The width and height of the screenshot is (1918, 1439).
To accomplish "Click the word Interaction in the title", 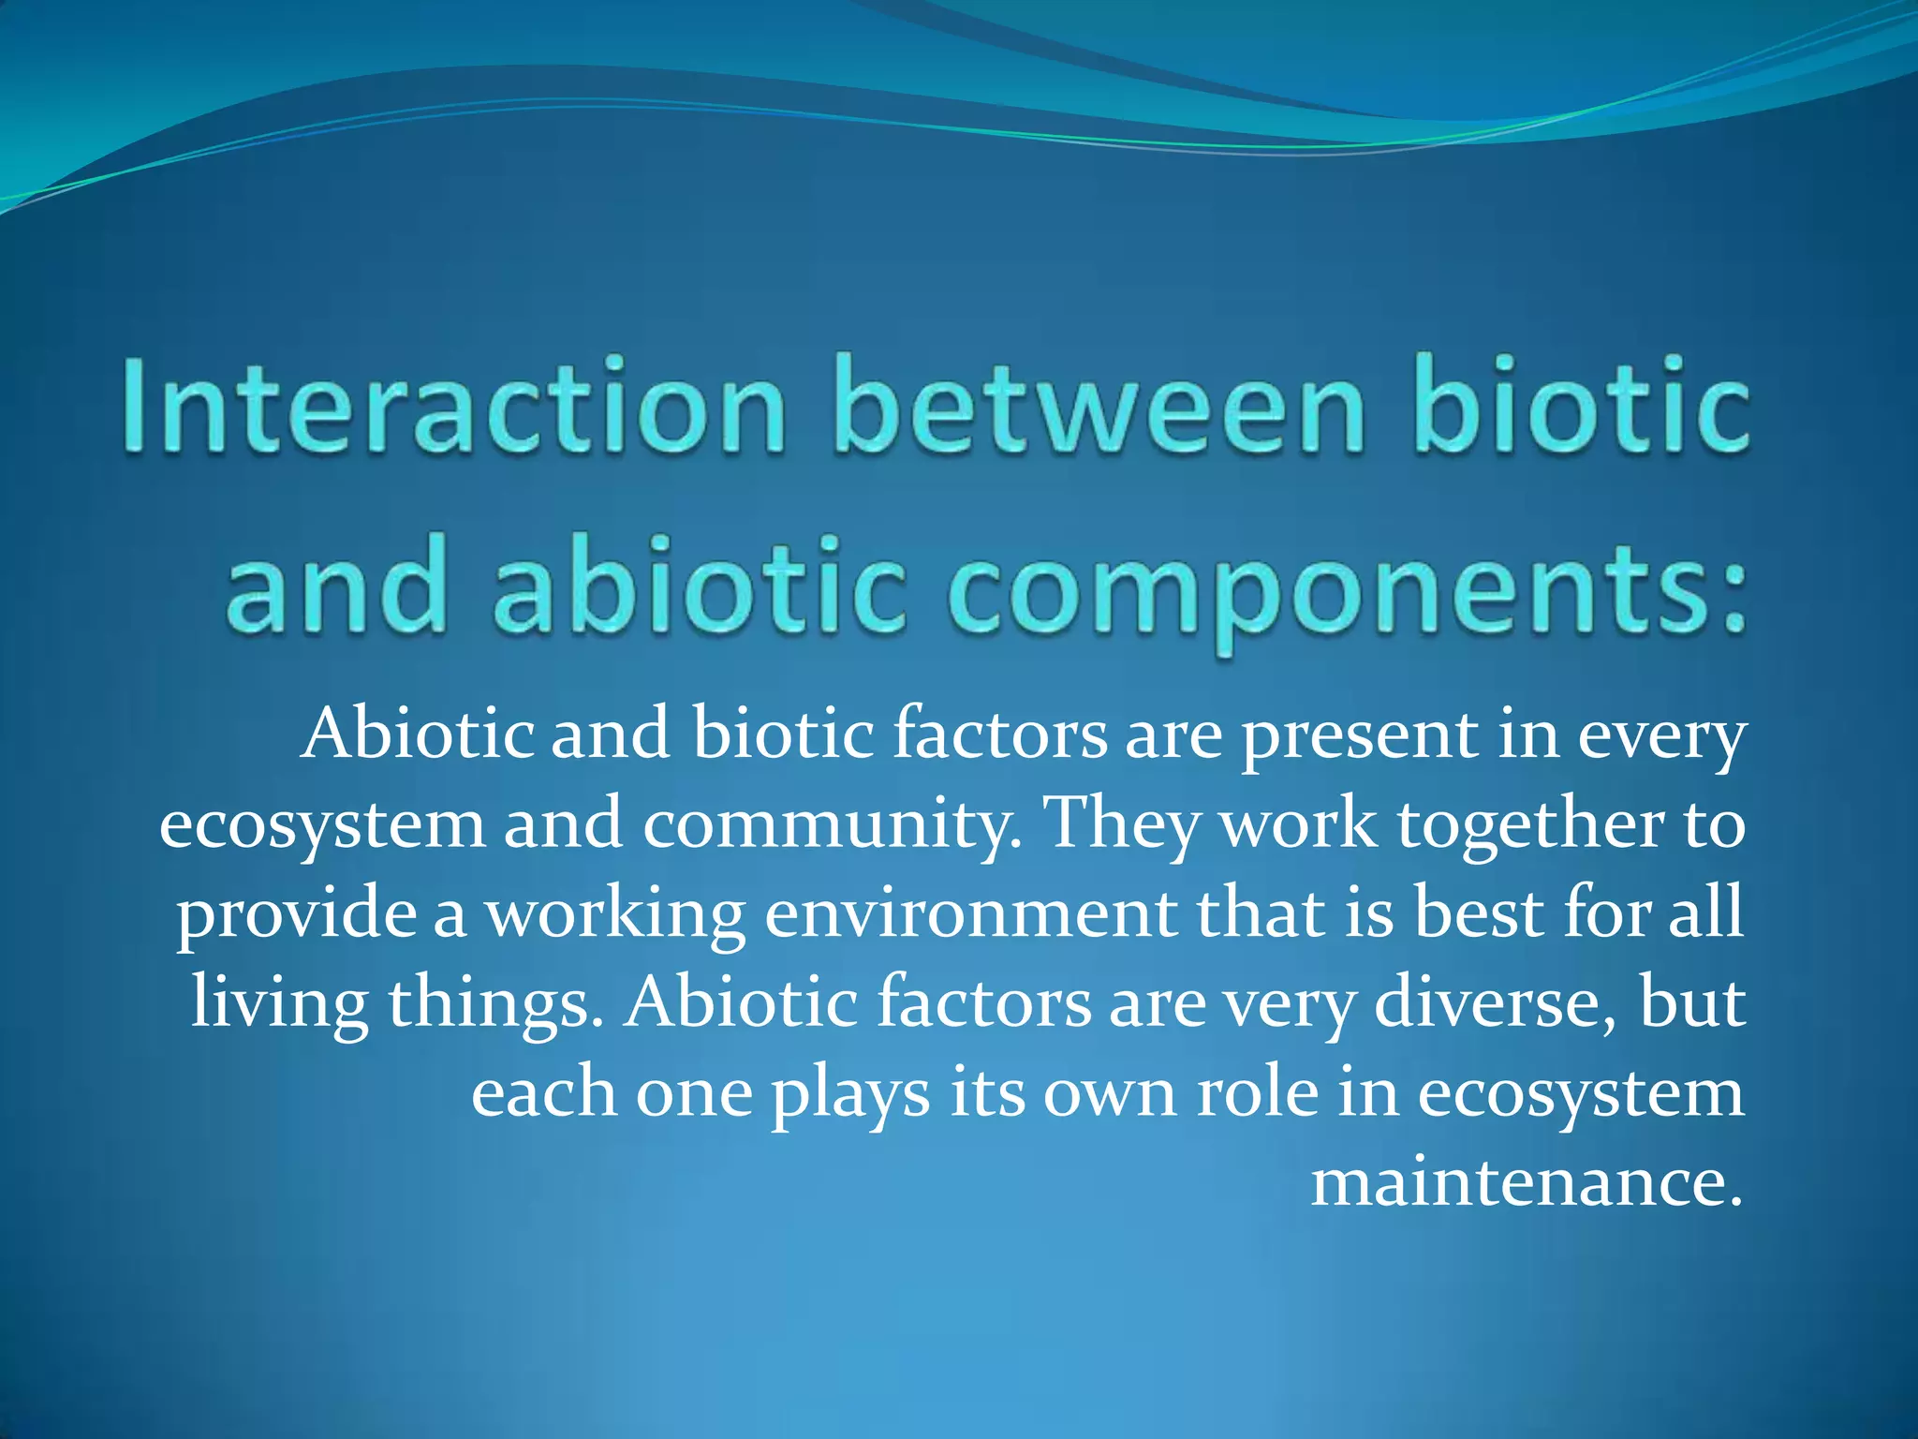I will [x=453, y=408].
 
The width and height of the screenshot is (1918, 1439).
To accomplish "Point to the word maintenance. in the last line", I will [x=1527, y=1182].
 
